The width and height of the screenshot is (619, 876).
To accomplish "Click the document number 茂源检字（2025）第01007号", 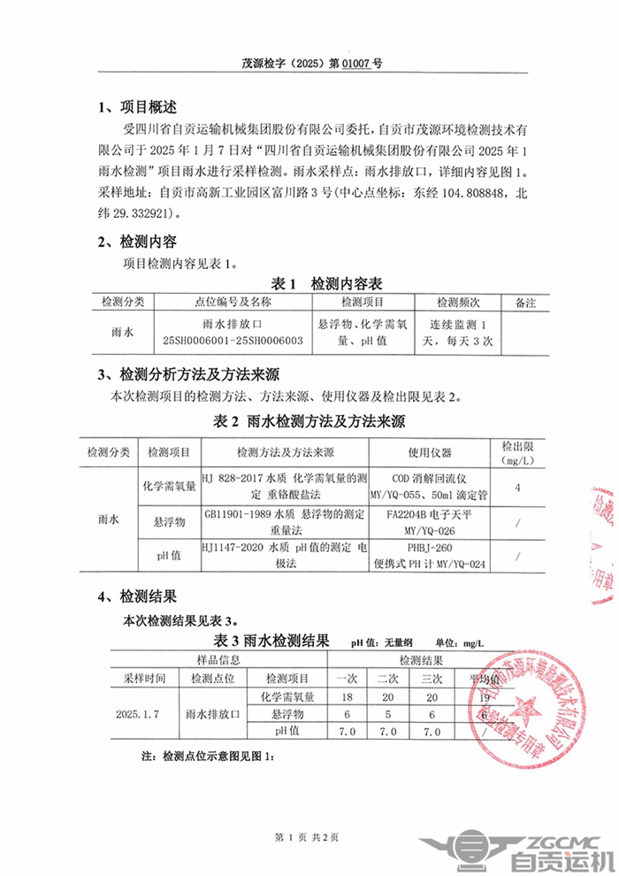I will pyautogui.click(x=312, y=64).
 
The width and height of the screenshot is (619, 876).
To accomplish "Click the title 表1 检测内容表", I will pyautogui.click(x=326, y=284).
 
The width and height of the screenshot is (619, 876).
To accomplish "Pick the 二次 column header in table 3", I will pyautogui.click(x=387, y=679).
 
